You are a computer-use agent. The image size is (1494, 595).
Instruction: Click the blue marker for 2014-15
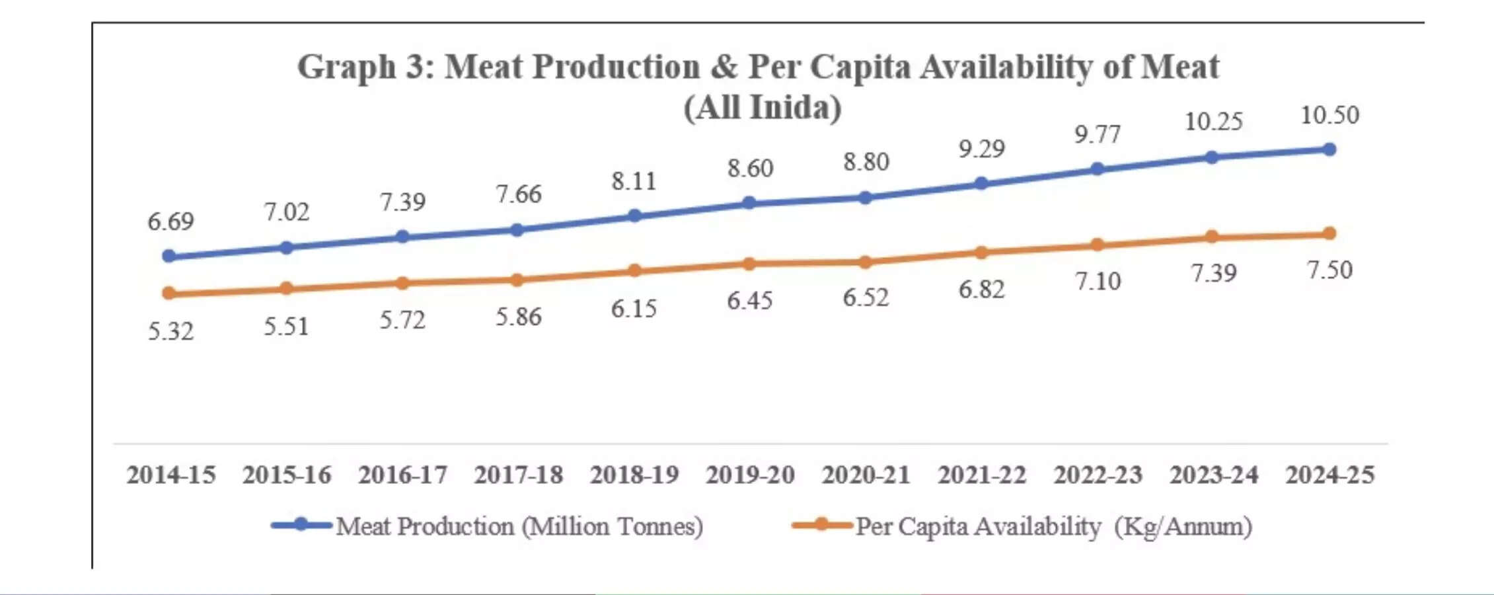pos(168,256)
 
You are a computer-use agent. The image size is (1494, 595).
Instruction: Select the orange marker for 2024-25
pos(1329,233)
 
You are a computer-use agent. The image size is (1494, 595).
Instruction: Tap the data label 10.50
pos(1329,116)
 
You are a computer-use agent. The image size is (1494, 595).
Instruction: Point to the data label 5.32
pos(170,331)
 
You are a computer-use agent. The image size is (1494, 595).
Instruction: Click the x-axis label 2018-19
pos(634,475)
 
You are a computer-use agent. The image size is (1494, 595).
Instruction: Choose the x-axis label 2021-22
pos(982,475)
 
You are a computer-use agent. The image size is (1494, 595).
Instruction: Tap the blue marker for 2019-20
pos(749,202)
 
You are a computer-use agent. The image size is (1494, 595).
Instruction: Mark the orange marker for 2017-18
pos(517,280)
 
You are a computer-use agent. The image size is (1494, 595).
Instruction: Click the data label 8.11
pos(634,181)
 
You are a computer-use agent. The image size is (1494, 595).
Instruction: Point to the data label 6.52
pos(866,298)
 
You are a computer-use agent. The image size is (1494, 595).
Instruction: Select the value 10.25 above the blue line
pos(1213,122)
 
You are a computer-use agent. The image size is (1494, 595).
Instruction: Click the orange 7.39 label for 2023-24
pos(1213,273)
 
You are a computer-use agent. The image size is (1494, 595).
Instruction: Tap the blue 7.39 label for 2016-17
pos(402,202)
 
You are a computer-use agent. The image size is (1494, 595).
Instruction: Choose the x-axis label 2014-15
pos(170,475)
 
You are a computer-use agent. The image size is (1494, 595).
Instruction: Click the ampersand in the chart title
pos(724,67)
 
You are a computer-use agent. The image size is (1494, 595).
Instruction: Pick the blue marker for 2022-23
pos(1097,169)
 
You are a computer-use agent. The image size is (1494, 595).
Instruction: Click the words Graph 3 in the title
pos(363,67)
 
